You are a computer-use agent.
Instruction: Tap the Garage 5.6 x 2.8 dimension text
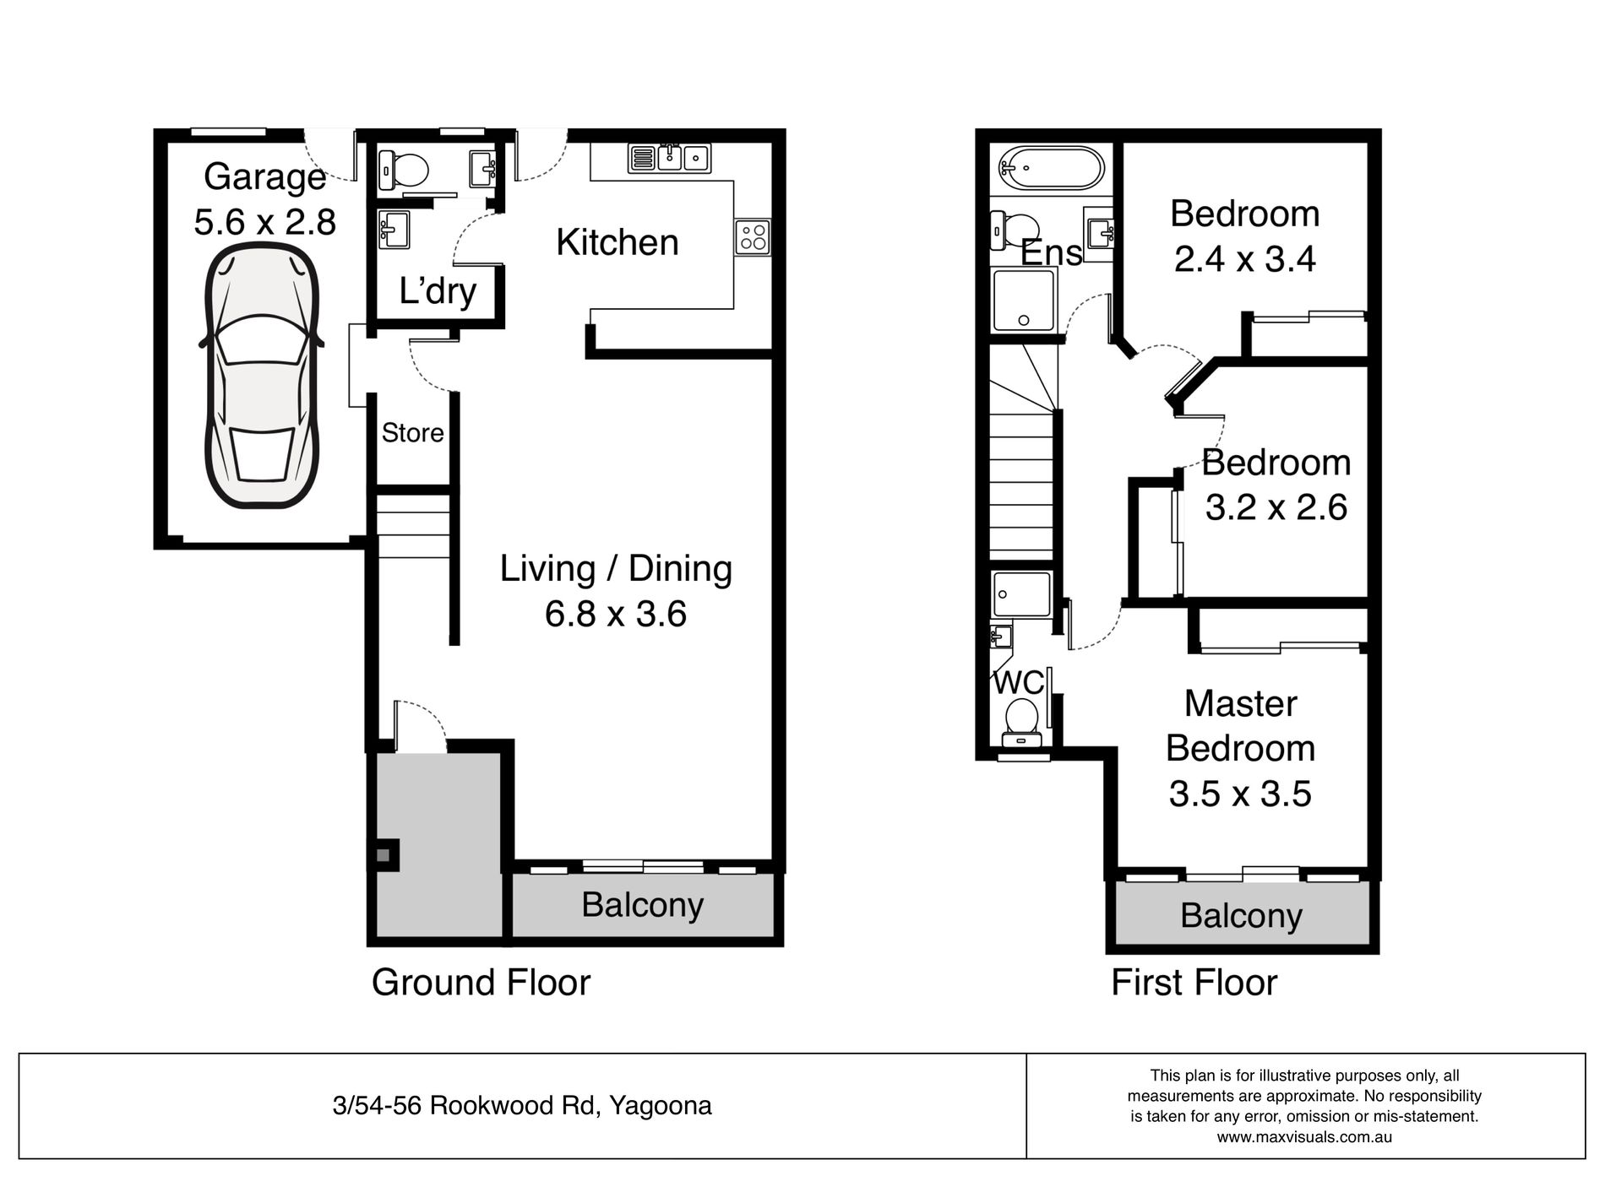[265, 222]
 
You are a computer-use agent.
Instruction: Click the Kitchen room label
[617, 243]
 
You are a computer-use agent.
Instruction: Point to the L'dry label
[437, 292]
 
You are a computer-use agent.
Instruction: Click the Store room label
[412, 433]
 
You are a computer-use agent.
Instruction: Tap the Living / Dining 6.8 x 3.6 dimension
[615, 614]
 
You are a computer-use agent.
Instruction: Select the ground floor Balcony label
[642, 905]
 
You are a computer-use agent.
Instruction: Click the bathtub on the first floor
[1050, 168]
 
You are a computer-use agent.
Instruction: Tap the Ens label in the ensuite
[1051, 252]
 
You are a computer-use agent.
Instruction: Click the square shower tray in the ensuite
[1024, 299]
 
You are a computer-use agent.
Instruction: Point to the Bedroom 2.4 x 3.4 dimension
[1244, 258]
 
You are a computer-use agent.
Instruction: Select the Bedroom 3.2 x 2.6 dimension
[1276, 507]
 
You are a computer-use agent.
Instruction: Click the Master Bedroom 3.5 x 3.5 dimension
[1239, 794]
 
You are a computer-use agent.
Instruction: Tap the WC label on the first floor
[1018, 682]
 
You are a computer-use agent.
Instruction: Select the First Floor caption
[1193, 983]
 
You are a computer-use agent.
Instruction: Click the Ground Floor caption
[481, 983]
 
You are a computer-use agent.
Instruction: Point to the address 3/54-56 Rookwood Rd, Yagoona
[522, 1105]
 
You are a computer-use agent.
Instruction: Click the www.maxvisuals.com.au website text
[1304, 1136]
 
